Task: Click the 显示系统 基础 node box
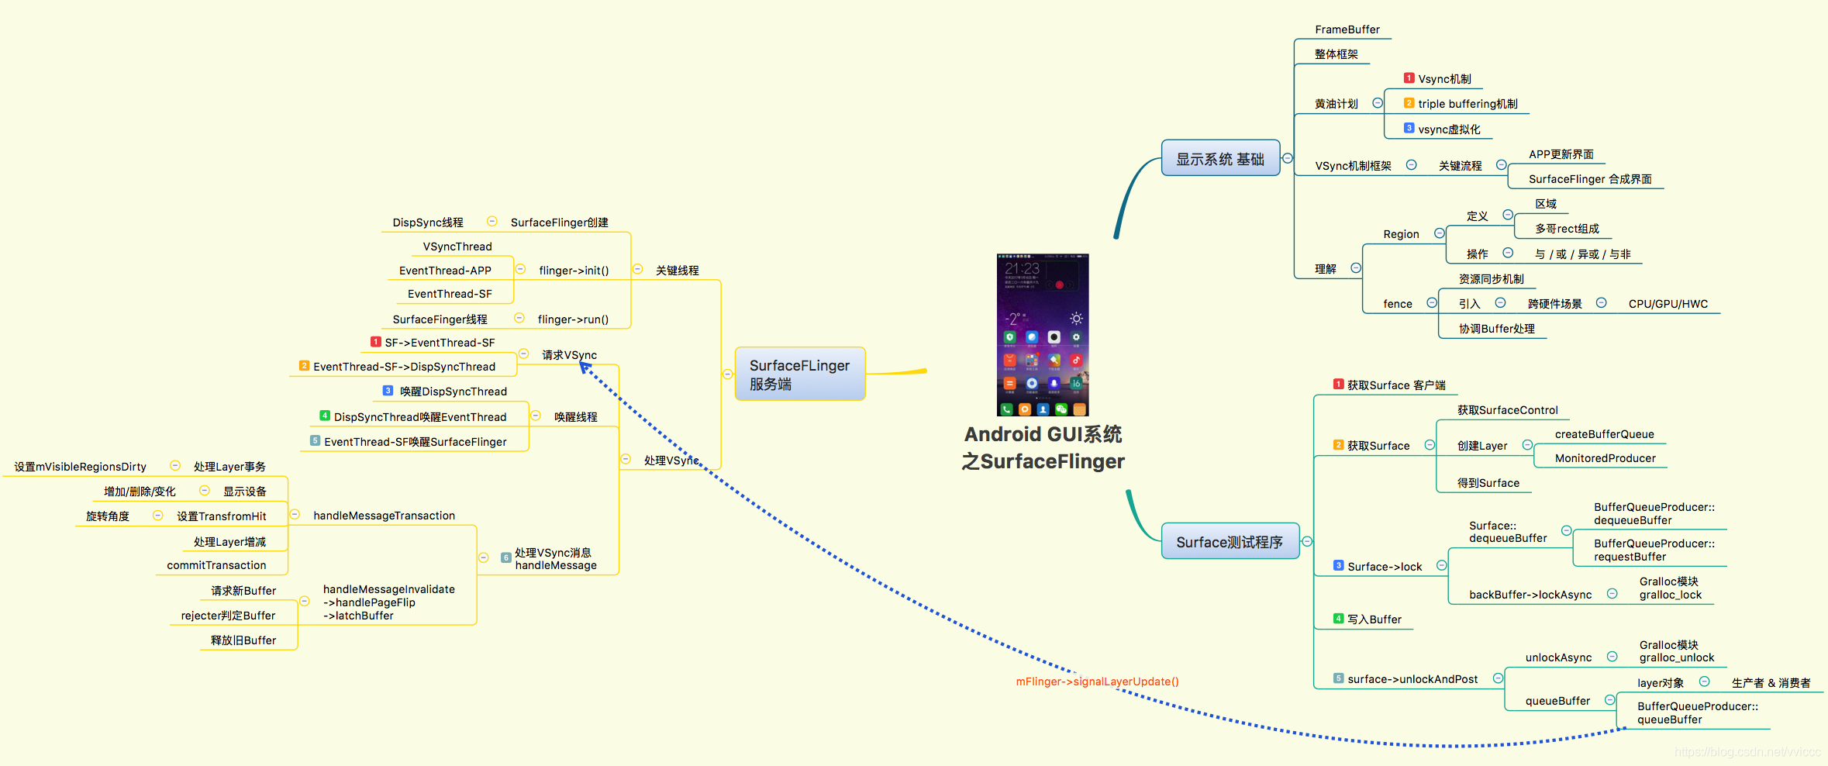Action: click(x=1219, y=158)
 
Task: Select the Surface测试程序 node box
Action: click(x=1229, y=541)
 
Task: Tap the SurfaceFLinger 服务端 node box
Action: click(x=799, y=374)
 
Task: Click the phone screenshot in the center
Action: click(x=1042, y=334)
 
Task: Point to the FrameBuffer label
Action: click(x=1347, y=29)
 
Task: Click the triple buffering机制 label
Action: click(x=1467, y=104)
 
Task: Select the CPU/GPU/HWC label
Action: click(x=1668, y=304)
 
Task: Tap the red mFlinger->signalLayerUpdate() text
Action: click(x=1097, y=681)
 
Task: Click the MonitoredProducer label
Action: click(x=1605, y=458)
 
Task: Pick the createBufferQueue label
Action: click(x=1604, y=434)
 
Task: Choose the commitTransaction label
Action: click(x=216, y=565)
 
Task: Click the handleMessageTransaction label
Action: click(x=384, y=516)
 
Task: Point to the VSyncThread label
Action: click(x=457, y=247)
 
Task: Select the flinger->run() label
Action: click(x=573, y=319)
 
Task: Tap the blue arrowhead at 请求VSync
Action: click(x=585, y=368)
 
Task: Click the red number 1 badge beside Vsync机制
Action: click(x=1409, y=78)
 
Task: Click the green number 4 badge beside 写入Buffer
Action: click(x=1338, y=619)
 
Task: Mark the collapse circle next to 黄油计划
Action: click(x=1378, y=103)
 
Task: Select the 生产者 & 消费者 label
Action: click(x=1771, y=683)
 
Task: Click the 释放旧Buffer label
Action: click(x=243, y=640)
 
